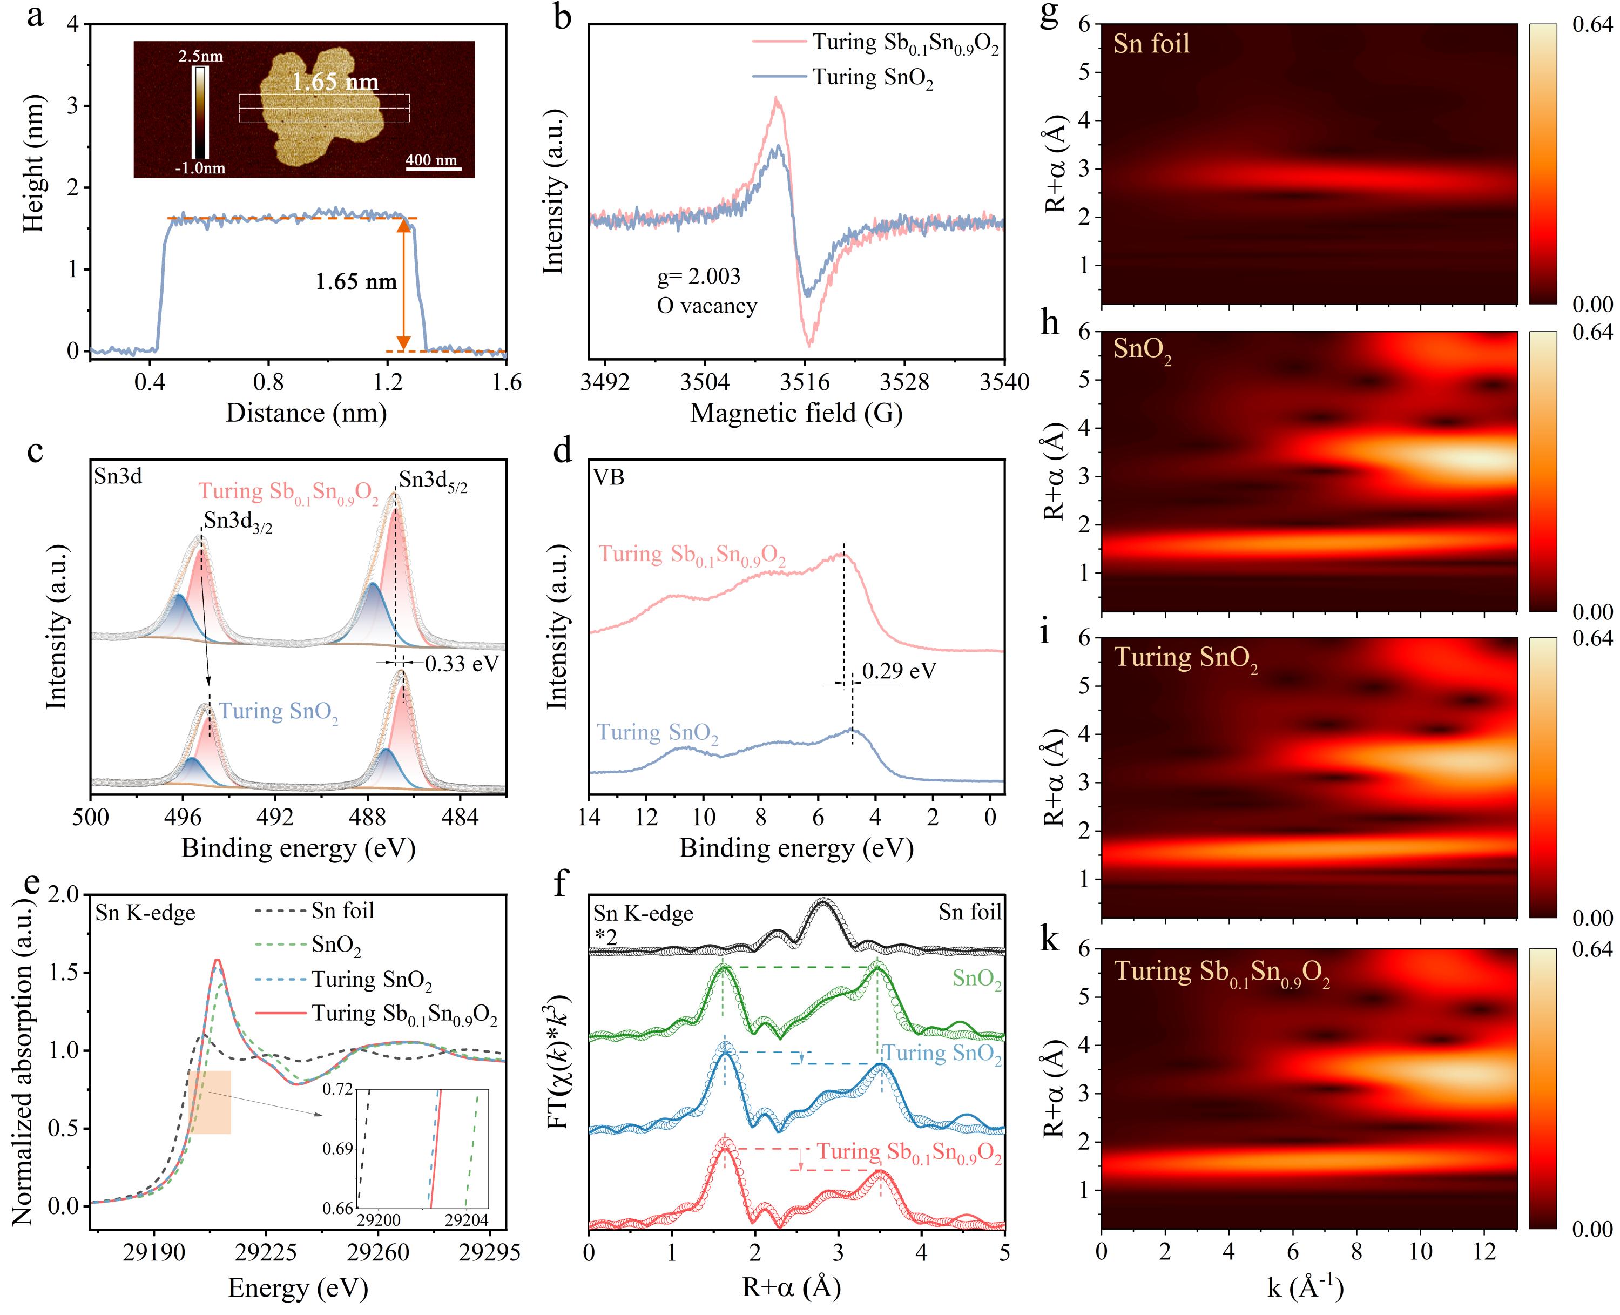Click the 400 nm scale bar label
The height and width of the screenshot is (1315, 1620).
click(x=431, y=160)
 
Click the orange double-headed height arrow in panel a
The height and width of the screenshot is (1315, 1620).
click(x=404, y=284)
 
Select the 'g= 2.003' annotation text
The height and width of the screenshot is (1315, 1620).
click(x=698, y=277)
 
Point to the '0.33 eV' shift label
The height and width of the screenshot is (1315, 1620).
click(x=462, y=664)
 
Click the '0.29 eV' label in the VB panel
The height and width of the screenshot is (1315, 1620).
click(x=899, y=670)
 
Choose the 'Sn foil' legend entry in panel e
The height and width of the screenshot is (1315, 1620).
click(x=342, y=910)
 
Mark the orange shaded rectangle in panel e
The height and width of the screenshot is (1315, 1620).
click(x=210, y=1102)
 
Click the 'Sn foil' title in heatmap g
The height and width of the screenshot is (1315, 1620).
click(x=1151, y=43)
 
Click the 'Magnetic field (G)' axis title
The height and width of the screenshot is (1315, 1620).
click(x=796, y=414)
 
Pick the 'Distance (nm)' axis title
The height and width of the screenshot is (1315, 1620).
click(x=306, y=414)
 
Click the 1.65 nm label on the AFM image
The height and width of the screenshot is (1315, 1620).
click(x=335, y=82)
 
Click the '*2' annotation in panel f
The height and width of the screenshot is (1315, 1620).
click(x=606, y=937)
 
